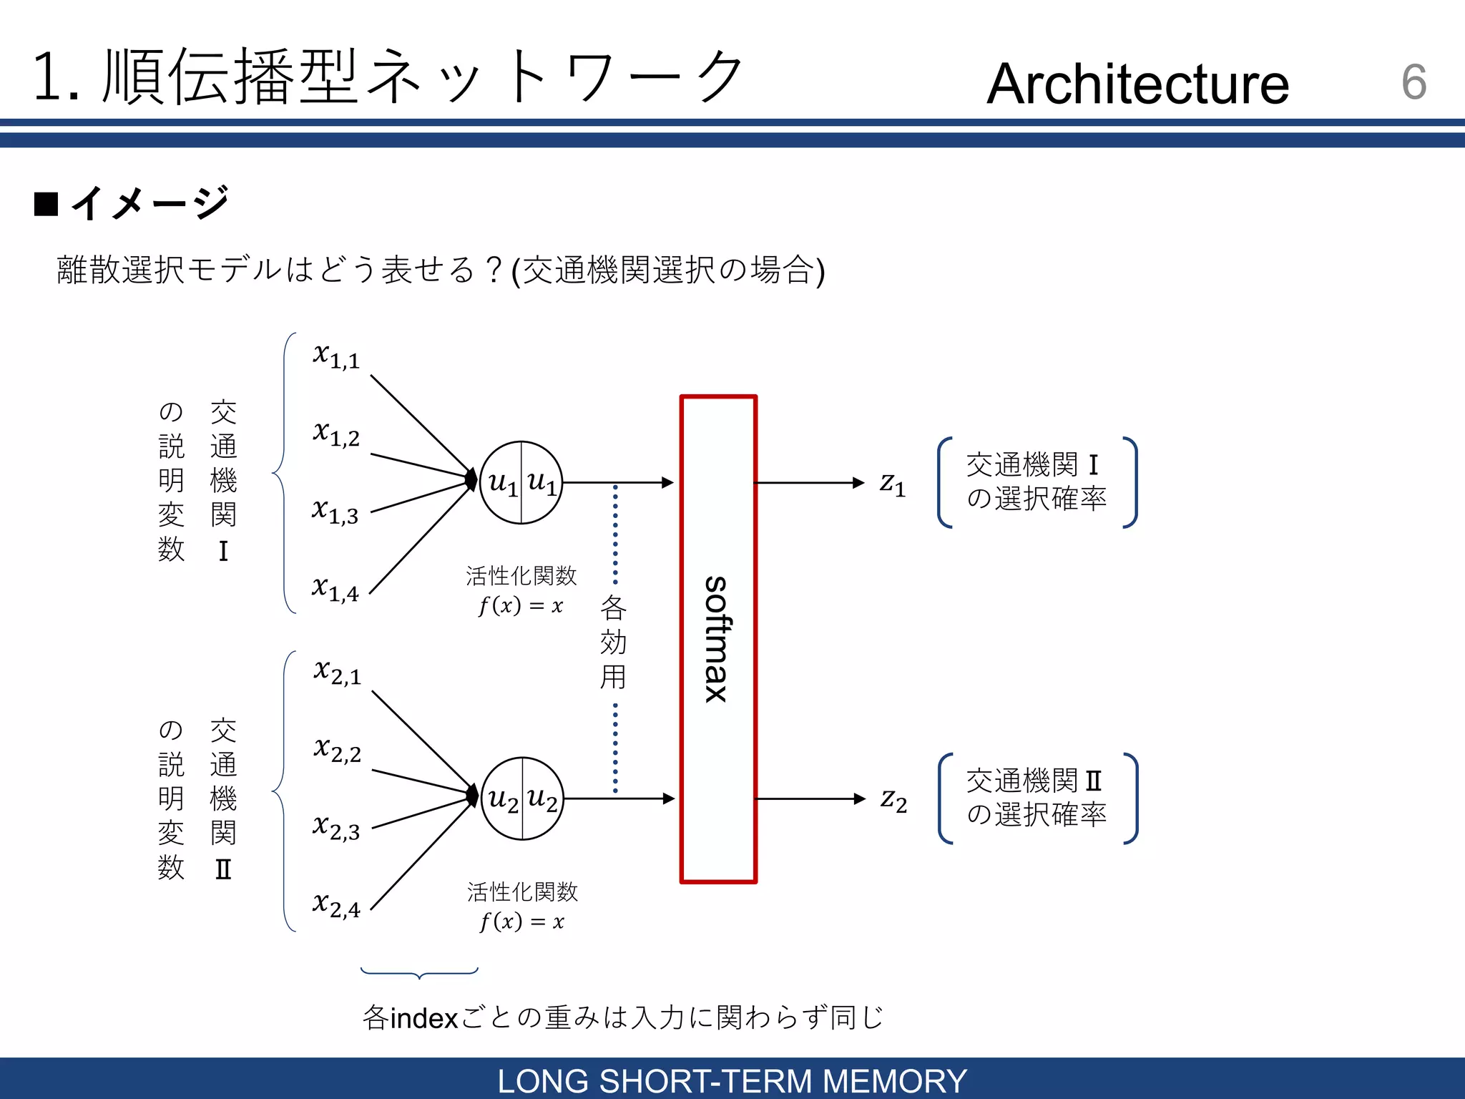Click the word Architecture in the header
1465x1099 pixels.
pos(1137,84)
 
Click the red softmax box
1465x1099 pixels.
pos(717,638)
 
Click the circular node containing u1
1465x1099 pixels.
pos(521,483)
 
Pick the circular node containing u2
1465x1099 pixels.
pos(522,798)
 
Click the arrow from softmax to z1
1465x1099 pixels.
pos(808,483)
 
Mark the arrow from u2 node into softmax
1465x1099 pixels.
pos(619,798)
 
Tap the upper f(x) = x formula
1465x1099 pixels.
pos(521,606)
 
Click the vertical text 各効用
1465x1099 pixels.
pos(613,642)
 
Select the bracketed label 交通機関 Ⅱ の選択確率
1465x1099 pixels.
pos(1037,798)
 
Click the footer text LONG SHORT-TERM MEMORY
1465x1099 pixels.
pos(732,1080)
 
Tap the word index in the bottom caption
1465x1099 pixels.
pos(424,1018)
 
